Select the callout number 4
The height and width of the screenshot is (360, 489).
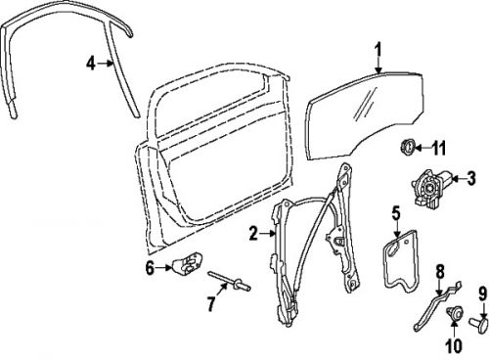coord(90,65)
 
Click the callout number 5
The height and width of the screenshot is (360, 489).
coord(396,212)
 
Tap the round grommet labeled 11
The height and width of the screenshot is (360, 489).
coord(401,149)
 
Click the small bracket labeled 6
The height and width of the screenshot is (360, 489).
coord(187,263)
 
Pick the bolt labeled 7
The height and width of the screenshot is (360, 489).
coord(232,287)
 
